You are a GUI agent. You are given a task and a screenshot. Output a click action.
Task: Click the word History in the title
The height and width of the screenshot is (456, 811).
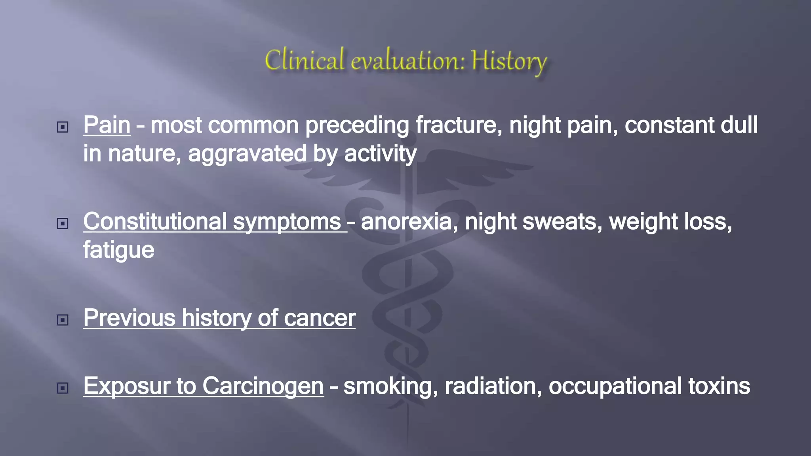point(509,61)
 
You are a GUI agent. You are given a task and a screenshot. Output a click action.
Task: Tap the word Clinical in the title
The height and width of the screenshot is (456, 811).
point(304,60)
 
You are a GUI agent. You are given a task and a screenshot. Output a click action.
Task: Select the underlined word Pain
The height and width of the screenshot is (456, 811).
point(107,125)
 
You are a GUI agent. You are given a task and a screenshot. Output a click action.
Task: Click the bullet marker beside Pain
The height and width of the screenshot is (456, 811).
point(63,127)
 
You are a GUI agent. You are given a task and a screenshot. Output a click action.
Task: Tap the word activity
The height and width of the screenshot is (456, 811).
point(380,154)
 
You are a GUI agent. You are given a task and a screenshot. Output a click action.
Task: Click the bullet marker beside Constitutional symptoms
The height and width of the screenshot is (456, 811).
point(63,224)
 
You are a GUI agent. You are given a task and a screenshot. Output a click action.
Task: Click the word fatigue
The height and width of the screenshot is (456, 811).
point(118,250)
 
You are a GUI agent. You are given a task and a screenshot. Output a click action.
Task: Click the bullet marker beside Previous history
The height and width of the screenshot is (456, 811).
point(63,320)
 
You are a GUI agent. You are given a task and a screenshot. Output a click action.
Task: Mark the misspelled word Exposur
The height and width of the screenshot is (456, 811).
point(127,386)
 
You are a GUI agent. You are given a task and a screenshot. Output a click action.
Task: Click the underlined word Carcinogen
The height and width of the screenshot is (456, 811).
point(263,386)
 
